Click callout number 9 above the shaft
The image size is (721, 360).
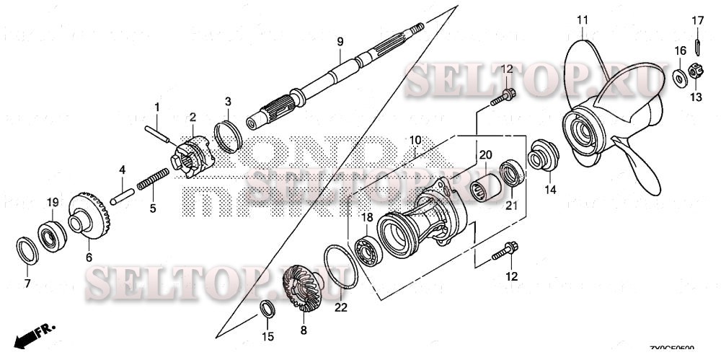[x=340, y=41]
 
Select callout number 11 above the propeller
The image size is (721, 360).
[x=583, y=17]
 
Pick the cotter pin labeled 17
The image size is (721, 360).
[x=697, y=45]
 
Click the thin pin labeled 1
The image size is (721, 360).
[x=160, y=133]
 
